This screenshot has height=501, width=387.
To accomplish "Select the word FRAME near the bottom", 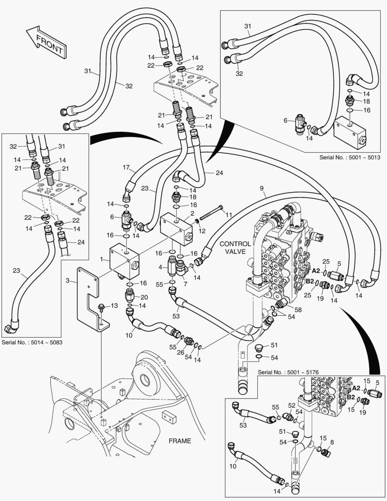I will [179, 441].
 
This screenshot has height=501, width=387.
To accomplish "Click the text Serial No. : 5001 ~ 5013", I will [349, 157].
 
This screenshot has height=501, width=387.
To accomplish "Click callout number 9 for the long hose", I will [262, 188].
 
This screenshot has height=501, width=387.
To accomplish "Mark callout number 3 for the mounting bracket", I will [68, 281].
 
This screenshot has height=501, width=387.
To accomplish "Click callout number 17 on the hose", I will [126, 168].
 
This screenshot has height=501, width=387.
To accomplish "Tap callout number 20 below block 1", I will [144, 297].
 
